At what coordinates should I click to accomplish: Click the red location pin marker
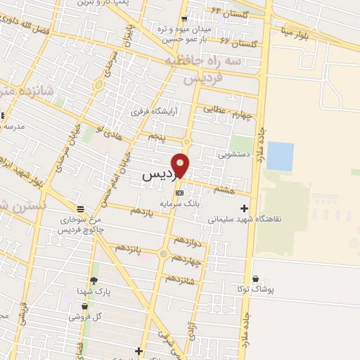(x=181, y=165)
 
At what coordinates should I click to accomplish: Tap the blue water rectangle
(x=280, y=156)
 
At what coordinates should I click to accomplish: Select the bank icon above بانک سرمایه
(x=179, y=192)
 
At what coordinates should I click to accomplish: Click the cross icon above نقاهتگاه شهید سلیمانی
(x=244, y=208)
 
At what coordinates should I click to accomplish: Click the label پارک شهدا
(x=94, y=290)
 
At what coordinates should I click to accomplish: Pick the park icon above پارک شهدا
(x=94, y=281)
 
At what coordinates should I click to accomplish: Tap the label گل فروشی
(x=85, y=316)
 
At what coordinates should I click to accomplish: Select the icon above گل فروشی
(x=85, y=307)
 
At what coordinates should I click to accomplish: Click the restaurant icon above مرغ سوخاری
(x=81, y=209)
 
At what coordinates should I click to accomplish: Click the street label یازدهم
(x=141, y=211)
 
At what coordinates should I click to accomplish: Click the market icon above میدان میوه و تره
(x=185, y=18)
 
